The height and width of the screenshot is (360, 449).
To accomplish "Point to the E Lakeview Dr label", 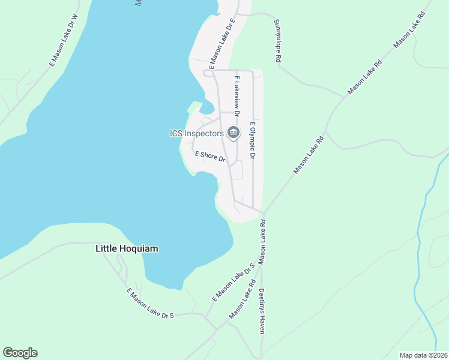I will (x=237, y=95).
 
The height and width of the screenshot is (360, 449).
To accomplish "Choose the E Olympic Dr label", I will (x=253, y=140).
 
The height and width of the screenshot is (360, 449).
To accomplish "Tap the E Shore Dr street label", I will (x=210, y=157).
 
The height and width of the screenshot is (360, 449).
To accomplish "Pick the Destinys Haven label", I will (x=262, y=313).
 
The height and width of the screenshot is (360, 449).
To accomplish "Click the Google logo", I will (x=20, y=353).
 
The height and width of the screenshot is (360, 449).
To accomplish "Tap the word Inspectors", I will (x=204, y=133).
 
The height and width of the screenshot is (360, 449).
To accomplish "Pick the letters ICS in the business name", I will (x=177, y=133).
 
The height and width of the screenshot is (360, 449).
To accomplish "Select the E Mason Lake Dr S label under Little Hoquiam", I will (x=150, y=303).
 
